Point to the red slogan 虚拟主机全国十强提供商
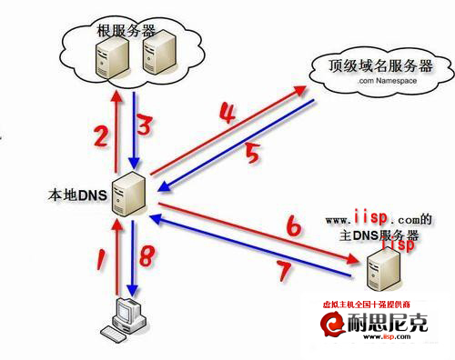374,305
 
